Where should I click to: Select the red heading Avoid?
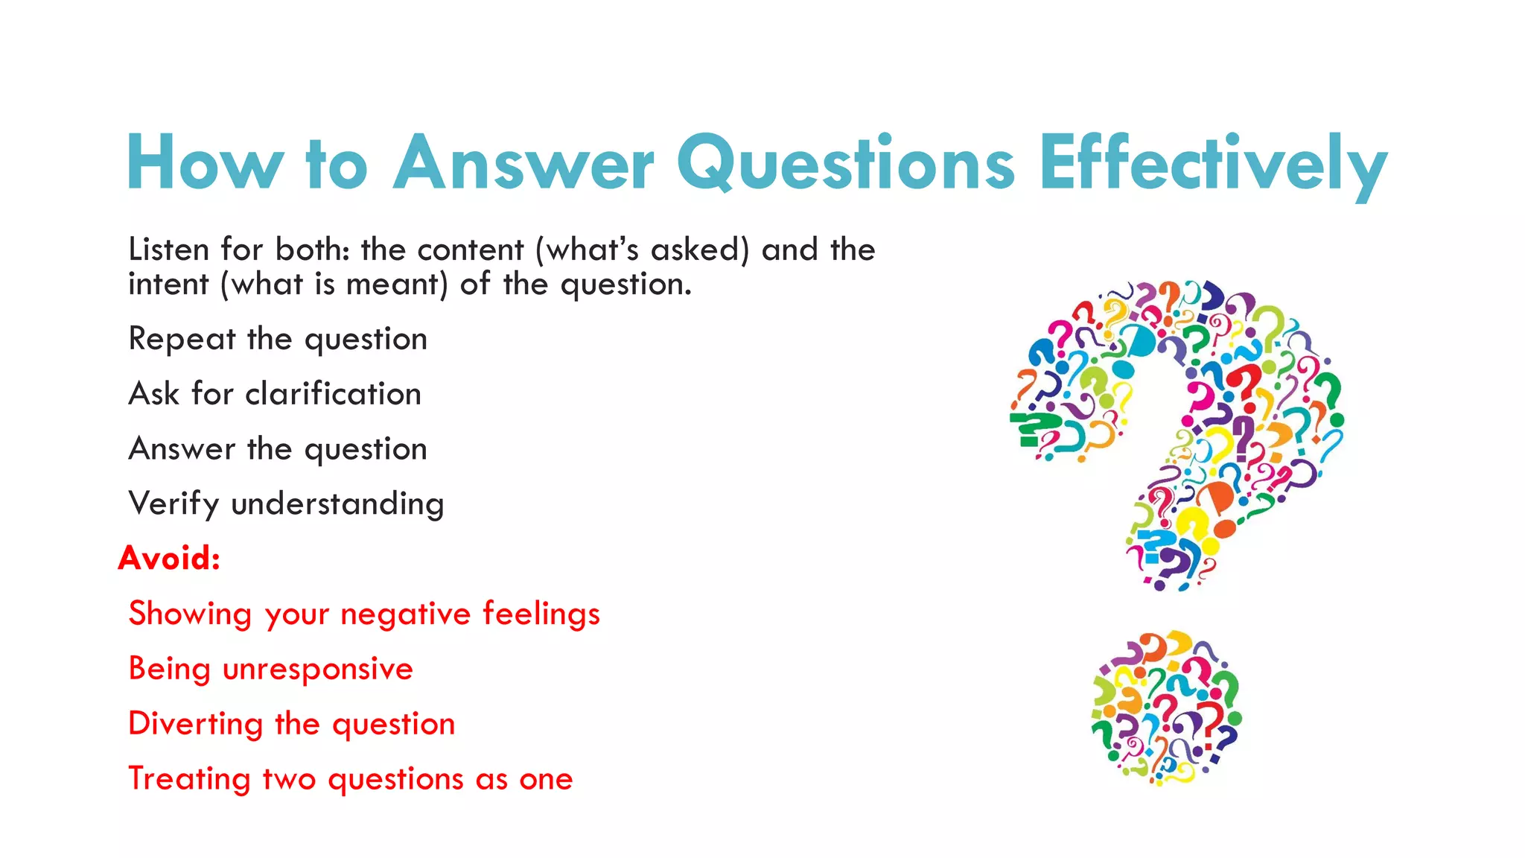click(170, 558)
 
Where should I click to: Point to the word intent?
click(168, 285)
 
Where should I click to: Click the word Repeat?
click(182, 340)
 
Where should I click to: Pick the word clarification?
click(334, 394)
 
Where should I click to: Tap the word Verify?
click(173, 504)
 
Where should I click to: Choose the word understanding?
click(337, 504)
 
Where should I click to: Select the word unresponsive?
click(318, 669)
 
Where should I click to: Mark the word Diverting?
click(195, 724)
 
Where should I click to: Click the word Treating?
click(189, 779)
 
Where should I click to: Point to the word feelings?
click(541, 614)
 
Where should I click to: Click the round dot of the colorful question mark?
click(1166, 708)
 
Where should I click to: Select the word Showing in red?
click(190, 614)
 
